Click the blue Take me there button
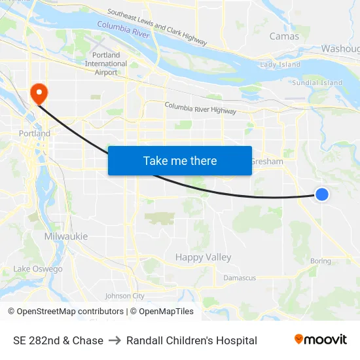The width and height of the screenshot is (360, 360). coord(179,161)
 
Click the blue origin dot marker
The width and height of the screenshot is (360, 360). coord(322,194)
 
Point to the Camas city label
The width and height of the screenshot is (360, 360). coord(284,37)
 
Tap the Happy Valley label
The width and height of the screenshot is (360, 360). coord(203,257)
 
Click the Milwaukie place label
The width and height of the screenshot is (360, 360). coord(66,236)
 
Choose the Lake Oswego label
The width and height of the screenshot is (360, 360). coord(38,269)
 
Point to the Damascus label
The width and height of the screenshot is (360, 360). coord(240,278)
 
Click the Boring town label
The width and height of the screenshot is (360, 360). coord(321,261)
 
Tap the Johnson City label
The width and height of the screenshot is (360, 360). coord(124,296)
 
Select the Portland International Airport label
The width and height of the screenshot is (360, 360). coord(106,63)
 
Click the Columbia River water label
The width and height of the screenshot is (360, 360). coord(124,29)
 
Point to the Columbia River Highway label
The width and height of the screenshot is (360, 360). coord(200,108)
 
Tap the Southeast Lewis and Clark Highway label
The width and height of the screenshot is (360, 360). coord(157,27)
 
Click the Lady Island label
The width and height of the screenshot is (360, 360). coord(280,65)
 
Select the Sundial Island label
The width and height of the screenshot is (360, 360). coord(317,83)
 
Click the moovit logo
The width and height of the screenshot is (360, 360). coord(321,340)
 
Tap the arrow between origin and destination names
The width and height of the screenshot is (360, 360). coord(115,340)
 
